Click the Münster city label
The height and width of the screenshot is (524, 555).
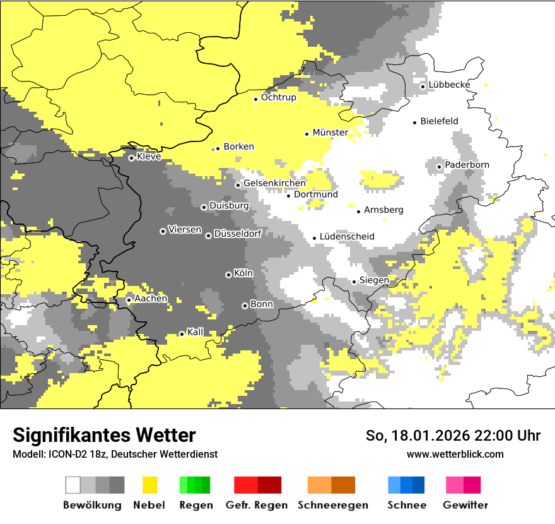(330, 133)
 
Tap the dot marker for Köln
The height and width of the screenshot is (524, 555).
(228, 275)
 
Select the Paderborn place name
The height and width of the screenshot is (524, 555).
(467, 165)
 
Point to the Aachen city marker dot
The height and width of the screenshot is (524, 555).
(129, 300)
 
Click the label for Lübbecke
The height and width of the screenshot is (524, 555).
(449, 85)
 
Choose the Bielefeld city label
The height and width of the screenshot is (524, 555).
(439, 121)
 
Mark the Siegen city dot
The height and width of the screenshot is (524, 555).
(354, 282)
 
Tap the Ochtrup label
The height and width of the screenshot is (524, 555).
(278, 98)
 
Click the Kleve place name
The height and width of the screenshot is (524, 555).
(149, 157)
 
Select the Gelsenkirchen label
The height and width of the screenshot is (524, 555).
(274, 183)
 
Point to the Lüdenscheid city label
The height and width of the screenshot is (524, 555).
(347, 237)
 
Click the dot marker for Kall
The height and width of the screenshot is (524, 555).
(182, 334)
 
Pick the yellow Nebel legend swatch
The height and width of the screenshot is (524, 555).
(150, 485)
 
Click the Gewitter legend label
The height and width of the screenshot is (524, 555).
(465, 505)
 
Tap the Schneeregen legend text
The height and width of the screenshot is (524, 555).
(332, 505)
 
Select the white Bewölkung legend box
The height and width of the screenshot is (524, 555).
(73, 485)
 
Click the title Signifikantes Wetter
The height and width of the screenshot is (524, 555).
(104, 436)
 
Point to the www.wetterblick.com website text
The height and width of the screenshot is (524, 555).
(455, 454)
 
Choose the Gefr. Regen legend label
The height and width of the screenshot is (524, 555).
(257, 505)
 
